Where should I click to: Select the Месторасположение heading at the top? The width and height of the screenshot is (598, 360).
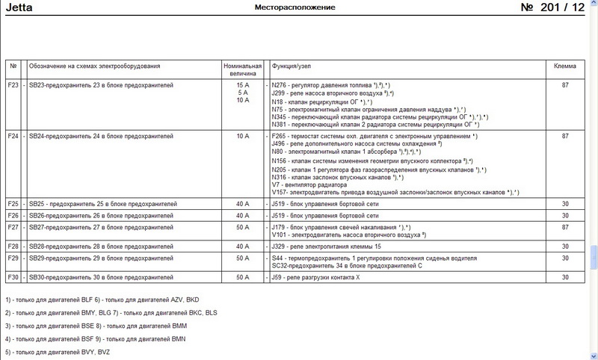coord(295,7)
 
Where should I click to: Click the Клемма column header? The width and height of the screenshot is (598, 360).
coord(564,66)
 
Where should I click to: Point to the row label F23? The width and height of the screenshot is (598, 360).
coord(13,85)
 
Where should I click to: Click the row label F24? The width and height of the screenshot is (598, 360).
coord(13,137)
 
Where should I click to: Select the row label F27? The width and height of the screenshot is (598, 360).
coord(13,226)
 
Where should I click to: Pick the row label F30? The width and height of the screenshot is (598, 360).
coord(13,278)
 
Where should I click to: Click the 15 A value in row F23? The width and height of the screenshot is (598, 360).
coord(241,85)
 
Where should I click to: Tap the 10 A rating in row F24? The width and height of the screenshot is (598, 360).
coord(241,137)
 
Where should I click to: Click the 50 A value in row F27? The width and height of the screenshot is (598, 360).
coord(241,226)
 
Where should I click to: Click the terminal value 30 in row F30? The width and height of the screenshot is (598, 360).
coord(564,278)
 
